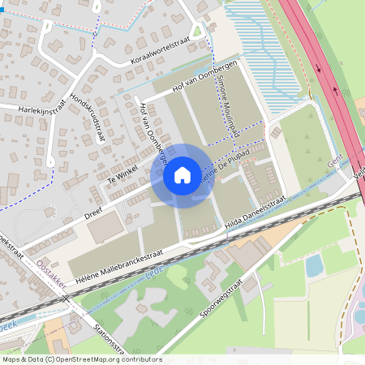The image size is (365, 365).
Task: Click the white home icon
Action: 182,174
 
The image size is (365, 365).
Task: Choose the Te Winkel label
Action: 121,177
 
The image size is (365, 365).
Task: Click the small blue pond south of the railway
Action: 313,264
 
